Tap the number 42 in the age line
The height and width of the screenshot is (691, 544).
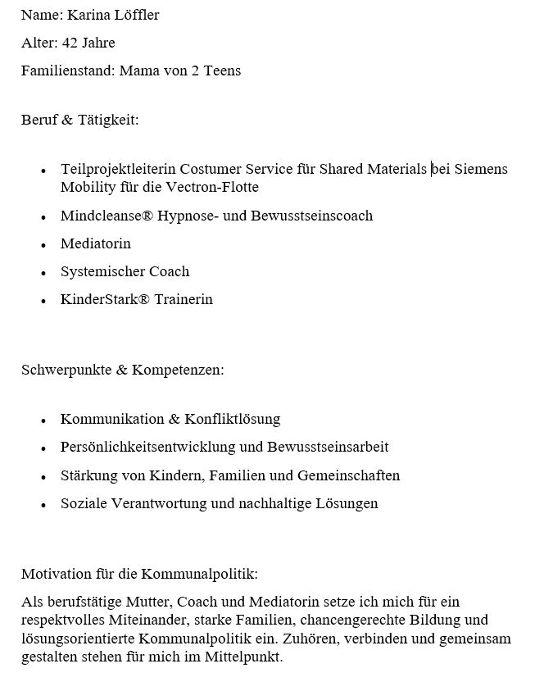pos(70,43)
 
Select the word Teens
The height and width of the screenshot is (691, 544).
pos(222,70)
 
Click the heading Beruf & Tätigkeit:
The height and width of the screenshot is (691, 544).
pos(80,120)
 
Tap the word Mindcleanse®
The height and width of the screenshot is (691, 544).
pos(105,216)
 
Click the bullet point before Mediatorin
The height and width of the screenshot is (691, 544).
pos(43,245)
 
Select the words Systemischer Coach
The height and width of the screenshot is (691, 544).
pos(125,271)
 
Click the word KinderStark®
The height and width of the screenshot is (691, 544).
pos(105,299)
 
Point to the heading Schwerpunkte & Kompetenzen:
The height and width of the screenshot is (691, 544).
pos(123,370)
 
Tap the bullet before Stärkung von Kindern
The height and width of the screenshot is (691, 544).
pos(43,477)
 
